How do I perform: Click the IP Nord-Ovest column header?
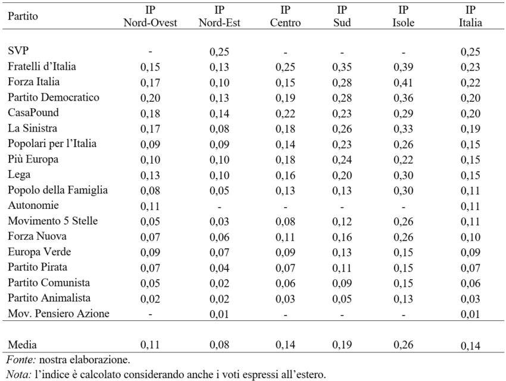tap(151, 16)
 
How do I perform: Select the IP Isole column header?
tap(403, 16)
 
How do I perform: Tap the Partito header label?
tap(23, 16)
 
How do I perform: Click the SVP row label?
tap(18, 51)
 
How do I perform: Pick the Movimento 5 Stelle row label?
tap(52, 221)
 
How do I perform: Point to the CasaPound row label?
tap(33, 113)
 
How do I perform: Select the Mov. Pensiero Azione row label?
tap(58, 314)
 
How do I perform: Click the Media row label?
tap(22, 345)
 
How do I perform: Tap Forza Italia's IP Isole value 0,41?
tap(404, 82)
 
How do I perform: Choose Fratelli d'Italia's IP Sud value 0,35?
tap(342, 67)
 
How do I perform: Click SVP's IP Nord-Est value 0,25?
tap(220, 51)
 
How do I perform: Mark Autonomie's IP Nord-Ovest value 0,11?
tap(151, 206)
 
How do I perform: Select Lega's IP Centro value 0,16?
tap(285, 175)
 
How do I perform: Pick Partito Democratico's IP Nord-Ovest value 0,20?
tap(151, 98)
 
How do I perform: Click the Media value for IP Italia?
tap(470, 346)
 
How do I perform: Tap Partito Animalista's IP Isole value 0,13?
tap(404, 298)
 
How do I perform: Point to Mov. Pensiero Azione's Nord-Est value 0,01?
tap(220, 314)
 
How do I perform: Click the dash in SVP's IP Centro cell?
tap(285, 52)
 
